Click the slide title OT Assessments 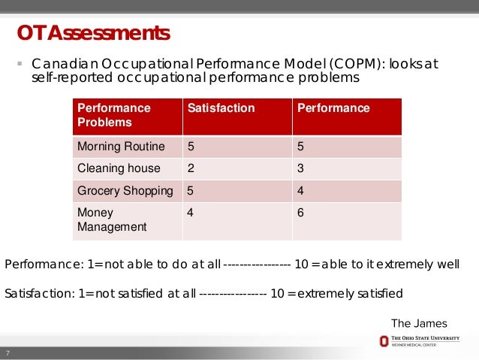pos(94,34)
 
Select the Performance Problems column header pos(114,115)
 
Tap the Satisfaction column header pos(221,108)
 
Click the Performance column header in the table pos(333,108)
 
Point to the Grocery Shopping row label pos(124,191)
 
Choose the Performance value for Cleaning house pos(300,168)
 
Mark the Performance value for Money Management pos(300,213)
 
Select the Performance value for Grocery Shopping pos(300,191)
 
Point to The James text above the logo pos(419,324)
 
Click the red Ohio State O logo pos(384,341)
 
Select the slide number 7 pos(8,354)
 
